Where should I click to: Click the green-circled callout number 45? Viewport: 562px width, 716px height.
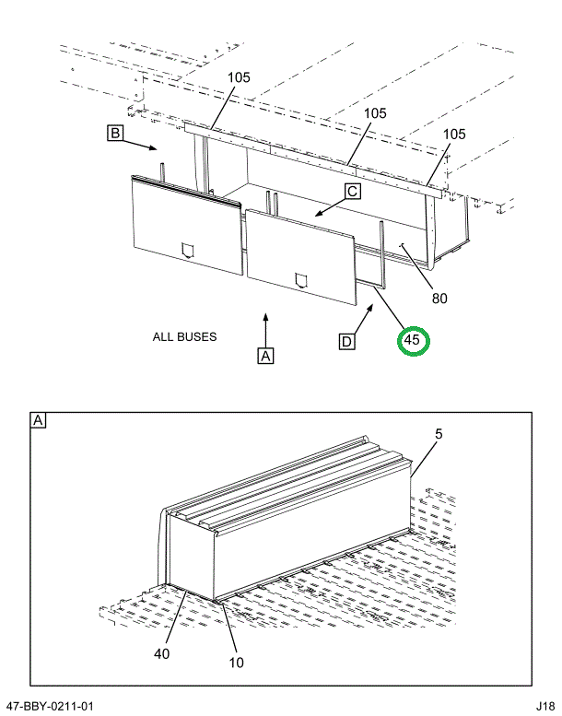[x=413, y=340]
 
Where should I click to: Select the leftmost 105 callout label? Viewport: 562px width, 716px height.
[x=239, y=77]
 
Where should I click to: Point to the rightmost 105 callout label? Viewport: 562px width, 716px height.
[x=454, y=134]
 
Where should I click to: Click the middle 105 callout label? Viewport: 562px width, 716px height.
[x=375, y=113]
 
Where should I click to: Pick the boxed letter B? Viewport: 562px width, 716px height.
[x=115, y=135]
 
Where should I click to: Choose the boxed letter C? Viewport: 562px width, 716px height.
[x=352, y=192]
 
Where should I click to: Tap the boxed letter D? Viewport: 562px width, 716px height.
[x=346, y=342]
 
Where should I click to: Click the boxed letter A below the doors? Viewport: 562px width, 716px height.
[x=265, y=355]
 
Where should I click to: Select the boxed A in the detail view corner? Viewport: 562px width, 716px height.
[x=39, y=421]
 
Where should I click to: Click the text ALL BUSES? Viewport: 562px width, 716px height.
[x=185, y=336]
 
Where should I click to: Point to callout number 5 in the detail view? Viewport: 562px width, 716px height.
[x=439, y=433]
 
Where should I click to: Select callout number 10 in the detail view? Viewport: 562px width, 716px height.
[x=235, y=661]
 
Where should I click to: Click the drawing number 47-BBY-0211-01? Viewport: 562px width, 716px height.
[x=50, y=707]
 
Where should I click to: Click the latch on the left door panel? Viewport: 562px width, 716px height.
[x=188, y=249]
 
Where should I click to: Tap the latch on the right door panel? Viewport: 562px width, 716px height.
[x=300, y=280]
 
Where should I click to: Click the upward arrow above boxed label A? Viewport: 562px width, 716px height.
[x=265, y=327]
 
